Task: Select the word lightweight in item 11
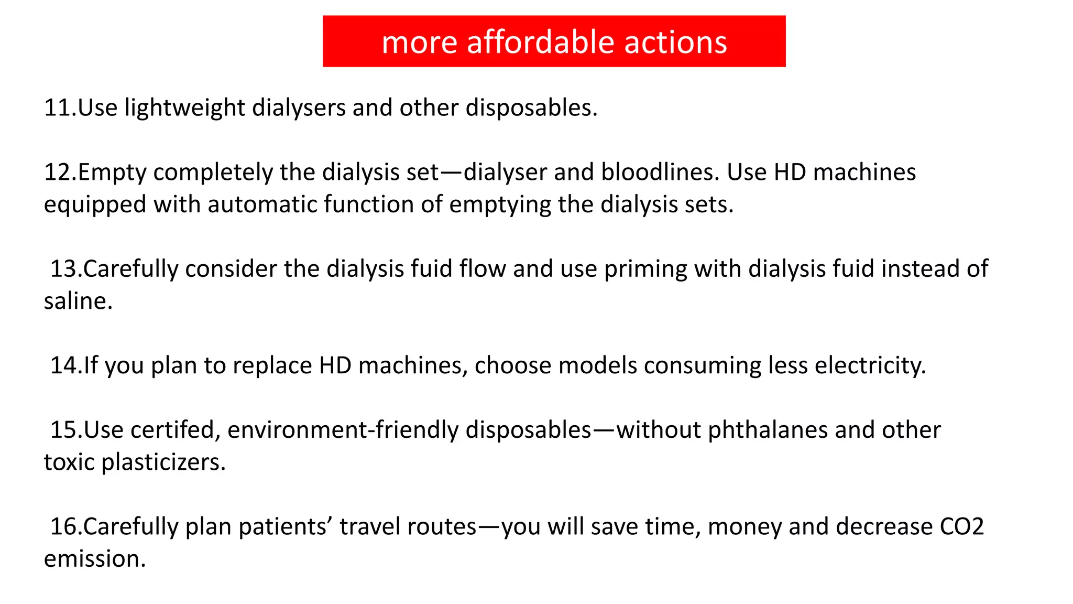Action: click(x=184, y=108)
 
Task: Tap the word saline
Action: click(x=78, y=301)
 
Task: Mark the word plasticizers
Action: click(x=163, y=462)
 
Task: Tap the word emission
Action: click(x=94, y=559)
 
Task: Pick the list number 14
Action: click(x=64, y=365)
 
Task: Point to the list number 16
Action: click(x=64, y=526)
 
